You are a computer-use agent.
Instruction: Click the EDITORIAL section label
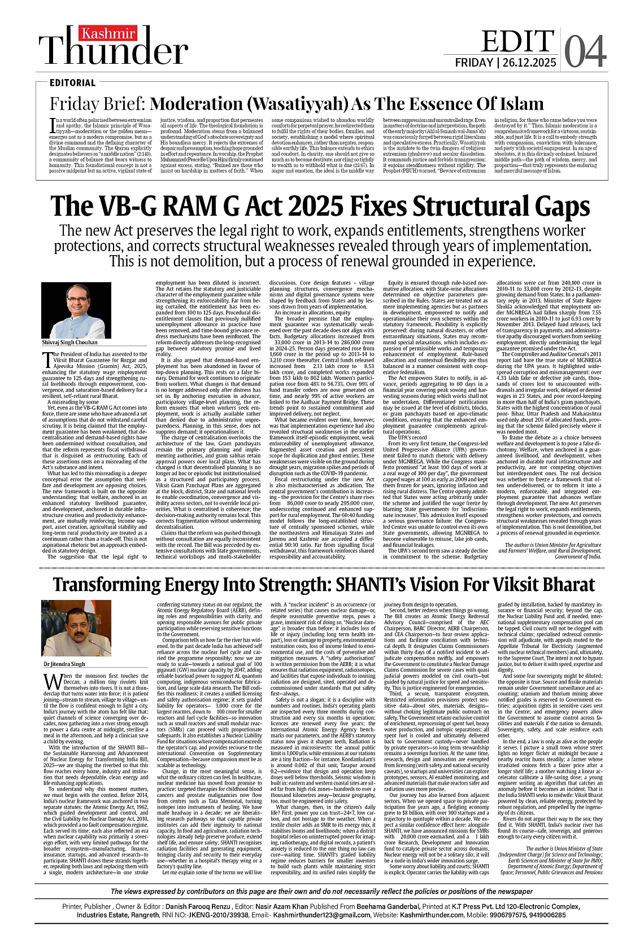point(72,83)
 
